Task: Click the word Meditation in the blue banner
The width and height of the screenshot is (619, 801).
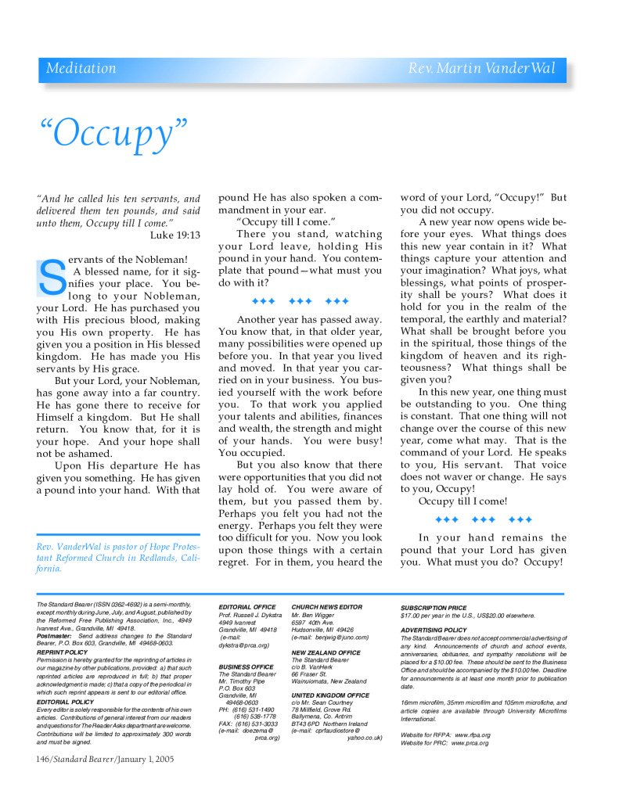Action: [81, 69]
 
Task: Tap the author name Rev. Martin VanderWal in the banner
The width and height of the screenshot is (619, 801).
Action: [481, 69]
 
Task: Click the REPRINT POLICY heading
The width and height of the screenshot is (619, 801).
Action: [62, 652]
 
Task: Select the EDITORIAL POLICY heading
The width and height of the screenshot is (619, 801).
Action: [65, 702]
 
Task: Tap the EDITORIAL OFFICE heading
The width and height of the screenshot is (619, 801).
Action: [247, 607]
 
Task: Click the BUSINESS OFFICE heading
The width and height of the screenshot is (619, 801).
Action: [247, 666]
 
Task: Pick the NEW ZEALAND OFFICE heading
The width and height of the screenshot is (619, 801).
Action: [326, 652]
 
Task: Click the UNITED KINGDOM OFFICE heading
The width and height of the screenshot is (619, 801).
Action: [330, 695]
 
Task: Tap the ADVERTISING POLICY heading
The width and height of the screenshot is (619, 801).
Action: [434, 630]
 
